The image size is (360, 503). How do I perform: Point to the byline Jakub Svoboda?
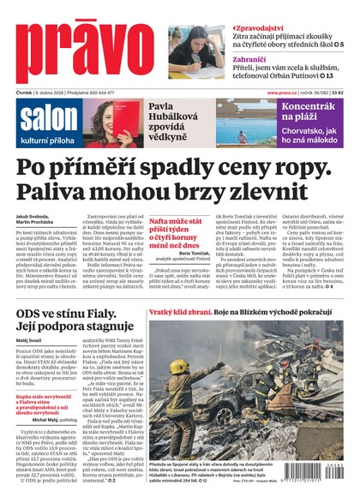pyautogui.click(x=32, y=217)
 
